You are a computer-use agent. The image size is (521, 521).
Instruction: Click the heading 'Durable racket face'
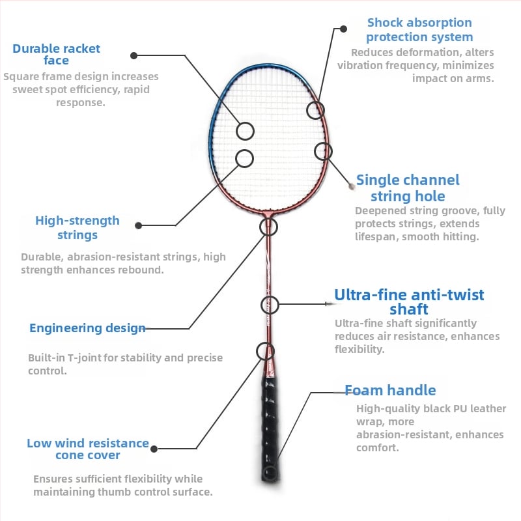pyautogui.click(x=57, y=54)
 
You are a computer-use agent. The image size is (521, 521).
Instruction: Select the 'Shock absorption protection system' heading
pyautogui.click(x=419, y=30)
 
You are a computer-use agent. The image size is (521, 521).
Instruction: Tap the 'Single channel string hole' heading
pyautogui.click(x=408, y=188)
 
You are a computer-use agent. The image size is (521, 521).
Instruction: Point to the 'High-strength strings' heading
pyautogui.click(x=77, y=227)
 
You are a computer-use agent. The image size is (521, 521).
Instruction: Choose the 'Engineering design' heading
pyautogui.click(x=87, y=328)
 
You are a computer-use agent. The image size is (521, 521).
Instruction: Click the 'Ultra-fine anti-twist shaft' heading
pyautogui.click(x=409, y=302)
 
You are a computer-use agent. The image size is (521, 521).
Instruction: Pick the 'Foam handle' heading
pyautogui.click(x=390, y=390)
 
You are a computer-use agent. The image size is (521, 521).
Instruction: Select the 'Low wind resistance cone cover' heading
pyautogui.click(x=88, y=449)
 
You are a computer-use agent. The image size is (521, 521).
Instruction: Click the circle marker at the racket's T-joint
pyautogui.click(x=268, y=227)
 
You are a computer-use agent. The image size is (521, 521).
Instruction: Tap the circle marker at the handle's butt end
pyautogui.click(x=268, y=472)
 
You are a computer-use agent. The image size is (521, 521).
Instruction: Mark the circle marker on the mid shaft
pyautogui.click(x=270, y=304)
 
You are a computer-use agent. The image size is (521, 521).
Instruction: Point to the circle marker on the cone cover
pyautogui.click(x=265, y=352)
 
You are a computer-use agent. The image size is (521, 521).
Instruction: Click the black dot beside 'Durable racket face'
pyautogui.click(x=134, y=56)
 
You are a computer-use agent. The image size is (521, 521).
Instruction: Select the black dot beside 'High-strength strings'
pyautogui.click(x=138, y=225)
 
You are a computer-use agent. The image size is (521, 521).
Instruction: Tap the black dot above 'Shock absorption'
pyautogui.click(x=343, y=29)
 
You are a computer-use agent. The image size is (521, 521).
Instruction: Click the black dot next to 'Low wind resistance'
pyautogui.click(x=155, y=449)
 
